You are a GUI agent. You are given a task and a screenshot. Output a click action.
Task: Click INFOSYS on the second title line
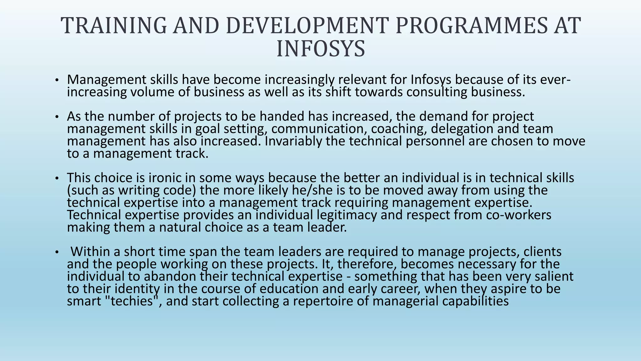coord(321,49)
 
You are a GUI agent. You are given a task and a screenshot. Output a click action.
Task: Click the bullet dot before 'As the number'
coord(56,117)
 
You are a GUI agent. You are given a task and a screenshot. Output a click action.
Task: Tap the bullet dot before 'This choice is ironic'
coord(56,178)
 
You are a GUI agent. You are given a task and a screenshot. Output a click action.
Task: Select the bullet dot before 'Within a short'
coord(56,252)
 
